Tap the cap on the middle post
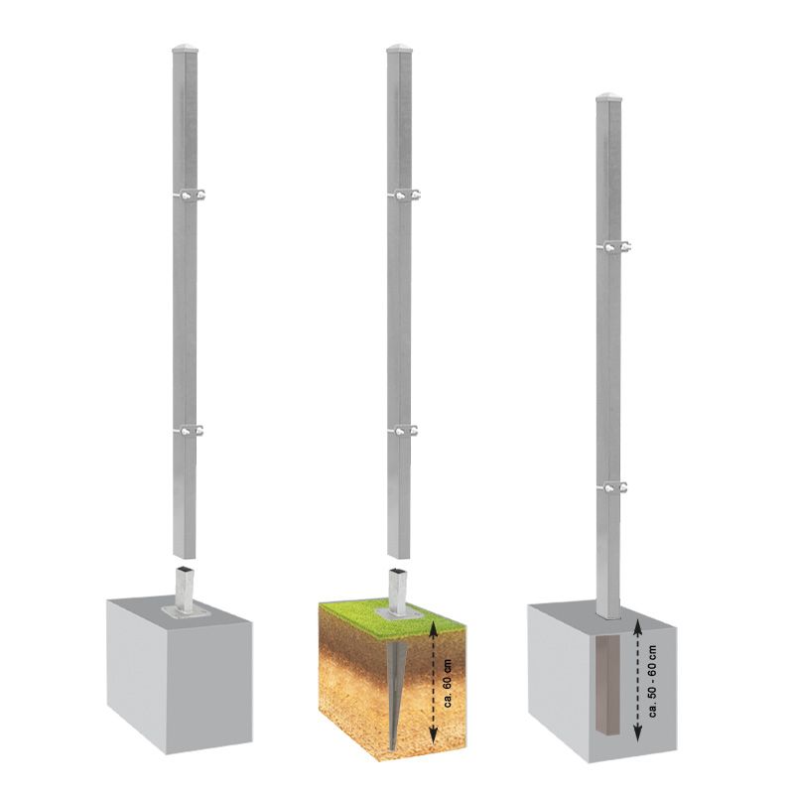coord(400,49)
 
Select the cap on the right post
coord(608,97)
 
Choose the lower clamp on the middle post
coord(404,431)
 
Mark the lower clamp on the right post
coord(613,487)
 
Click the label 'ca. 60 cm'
coord(447,682)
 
